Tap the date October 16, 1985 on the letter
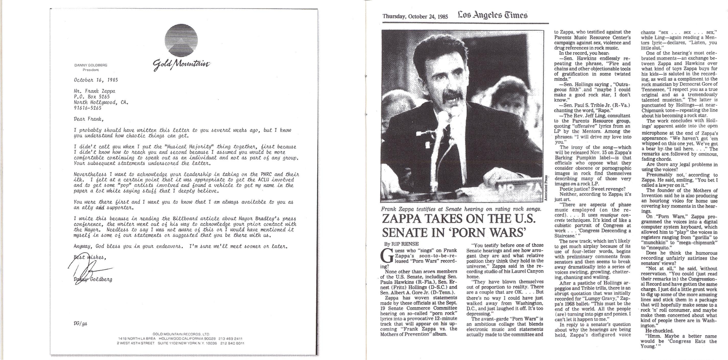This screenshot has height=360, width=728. point(96,80)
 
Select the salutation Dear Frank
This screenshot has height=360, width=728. point(87,119)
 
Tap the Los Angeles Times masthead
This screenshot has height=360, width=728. point(492,15)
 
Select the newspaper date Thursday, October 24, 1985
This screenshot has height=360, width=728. point(415,16)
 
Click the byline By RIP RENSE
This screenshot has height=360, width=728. point(399,244)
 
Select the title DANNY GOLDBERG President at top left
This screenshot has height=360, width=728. point(90,67)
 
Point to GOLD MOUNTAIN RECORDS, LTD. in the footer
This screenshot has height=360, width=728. point(181,334)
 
